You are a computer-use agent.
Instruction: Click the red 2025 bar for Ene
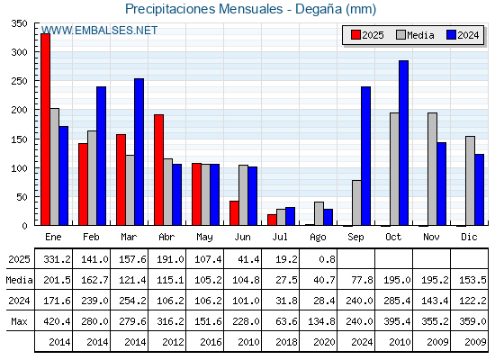coord(45,130)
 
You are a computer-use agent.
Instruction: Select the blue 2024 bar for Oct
coord(404,143)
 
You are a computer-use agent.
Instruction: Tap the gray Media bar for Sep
coord(356,202)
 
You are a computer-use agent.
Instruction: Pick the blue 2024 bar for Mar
coord(139,152)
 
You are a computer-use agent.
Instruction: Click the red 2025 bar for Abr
coord(158,170)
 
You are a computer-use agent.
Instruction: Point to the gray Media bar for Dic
coord(470,181)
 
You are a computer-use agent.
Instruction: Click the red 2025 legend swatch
coord(355,35)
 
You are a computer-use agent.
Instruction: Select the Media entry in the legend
coord(415,35)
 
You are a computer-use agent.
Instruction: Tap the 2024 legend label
coord(468,35)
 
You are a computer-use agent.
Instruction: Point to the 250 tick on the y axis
coord(19,81)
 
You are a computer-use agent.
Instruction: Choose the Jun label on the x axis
coord(242,238)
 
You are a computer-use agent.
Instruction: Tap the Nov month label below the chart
coord(431,238)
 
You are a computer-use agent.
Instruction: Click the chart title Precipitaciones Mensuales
coord(203,9)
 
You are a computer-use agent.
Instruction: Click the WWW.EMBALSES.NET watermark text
coord(99,31)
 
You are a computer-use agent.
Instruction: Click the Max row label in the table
coord(19,321)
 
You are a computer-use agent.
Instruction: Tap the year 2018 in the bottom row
coord(286,342)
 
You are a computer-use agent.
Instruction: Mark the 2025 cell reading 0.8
coord(327,259)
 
